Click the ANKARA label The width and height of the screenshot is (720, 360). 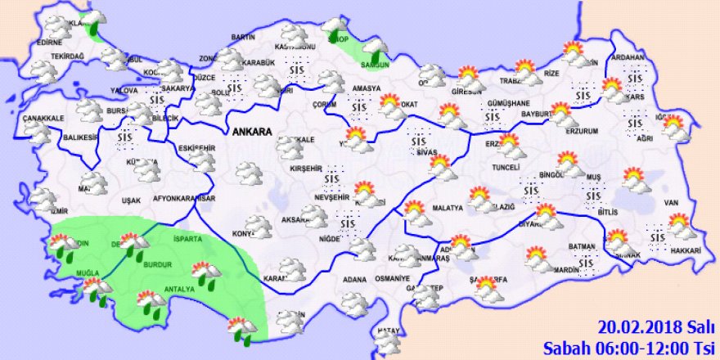251,131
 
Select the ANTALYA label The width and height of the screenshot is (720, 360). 180,290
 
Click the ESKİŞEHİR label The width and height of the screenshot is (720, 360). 196,148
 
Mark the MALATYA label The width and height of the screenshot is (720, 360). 447,209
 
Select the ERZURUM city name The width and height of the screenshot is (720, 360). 582,131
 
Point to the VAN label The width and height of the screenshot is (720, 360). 672,202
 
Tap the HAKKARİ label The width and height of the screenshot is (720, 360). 684,250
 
